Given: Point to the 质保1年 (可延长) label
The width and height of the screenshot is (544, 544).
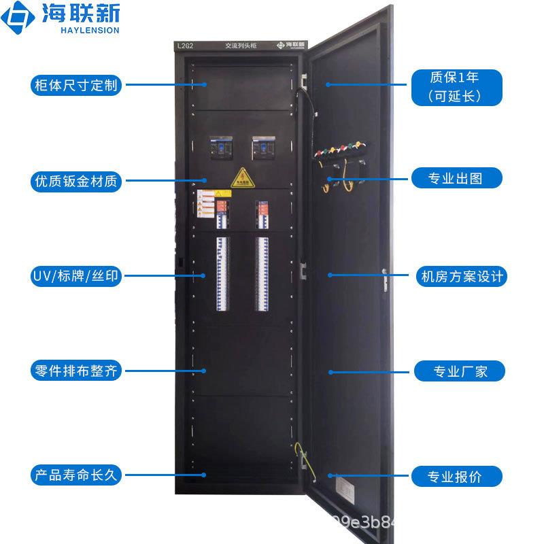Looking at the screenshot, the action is [x=457, y=86].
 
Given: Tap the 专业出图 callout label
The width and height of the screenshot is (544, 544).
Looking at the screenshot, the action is [x=457, y=179].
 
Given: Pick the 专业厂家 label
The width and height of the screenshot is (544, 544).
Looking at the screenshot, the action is [x=460, y=371].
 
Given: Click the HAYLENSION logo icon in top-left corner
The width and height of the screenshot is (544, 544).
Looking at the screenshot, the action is [x=18, y=20].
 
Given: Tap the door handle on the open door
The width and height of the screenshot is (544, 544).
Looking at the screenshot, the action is [x=386, y=276].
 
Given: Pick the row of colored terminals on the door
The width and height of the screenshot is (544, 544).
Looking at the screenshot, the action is [x=341, y=148].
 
